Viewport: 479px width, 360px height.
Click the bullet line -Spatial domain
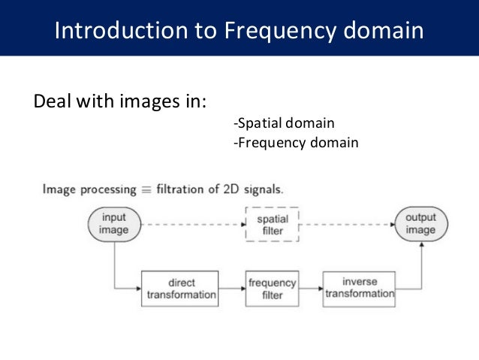(x=284, y=123)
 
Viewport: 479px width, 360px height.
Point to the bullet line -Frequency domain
(x=296, y=141)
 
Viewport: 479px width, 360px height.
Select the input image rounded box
(x=115, y=224)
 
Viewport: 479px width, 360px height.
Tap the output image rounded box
(x=420, y=224)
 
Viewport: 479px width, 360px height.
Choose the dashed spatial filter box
(x=273, y=224)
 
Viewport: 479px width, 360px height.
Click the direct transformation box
(x=181, y=289)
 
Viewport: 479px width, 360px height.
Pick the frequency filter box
(x=273, y=289)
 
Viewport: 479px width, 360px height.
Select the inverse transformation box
(x=360, y=288)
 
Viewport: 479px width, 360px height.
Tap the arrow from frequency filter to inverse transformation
(x=310, y=289)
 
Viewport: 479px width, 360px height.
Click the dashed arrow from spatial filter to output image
(x=347, y=224)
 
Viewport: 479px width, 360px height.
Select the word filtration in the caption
(x=185, y=189)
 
